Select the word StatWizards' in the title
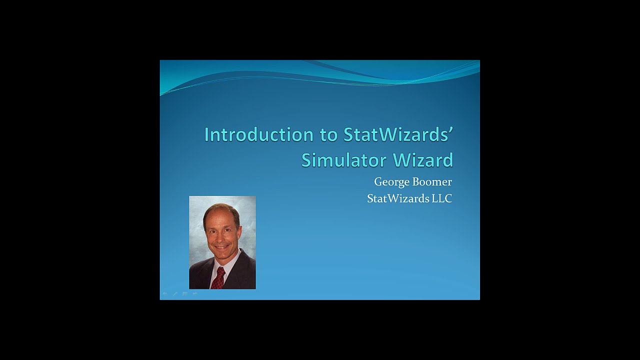[x=398, y=134]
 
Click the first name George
[x=392, y=182]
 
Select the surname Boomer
[x=432, y=181]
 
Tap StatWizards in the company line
[x=398, y=198]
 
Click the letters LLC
[x=442, y=198]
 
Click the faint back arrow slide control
[x=165, y=294]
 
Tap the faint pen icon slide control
[x=175, y=294]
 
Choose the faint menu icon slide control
[x=185, y=294]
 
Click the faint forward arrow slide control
[x=195, y=294]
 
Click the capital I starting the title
[x=206, y=134]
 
